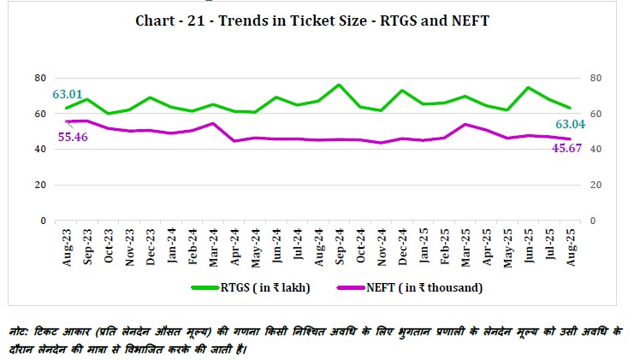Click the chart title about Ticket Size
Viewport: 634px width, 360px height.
click(x=312, y=21)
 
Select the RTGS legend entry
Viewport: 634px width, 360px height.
click(x=251, y=287)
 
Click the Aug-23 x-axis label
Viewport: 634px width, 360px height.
click(x=67, y=247)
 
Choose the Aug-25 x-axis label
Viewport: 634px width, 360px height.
click(x=569, y=247)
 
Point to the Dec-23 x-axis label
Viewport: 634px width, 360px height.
click(x=150, y=247)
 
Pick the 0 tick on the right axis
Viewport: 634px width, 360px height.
click(x=588, y=221)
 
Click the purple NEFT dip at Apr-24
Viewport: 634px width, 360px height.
click(x=234, y=140)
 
